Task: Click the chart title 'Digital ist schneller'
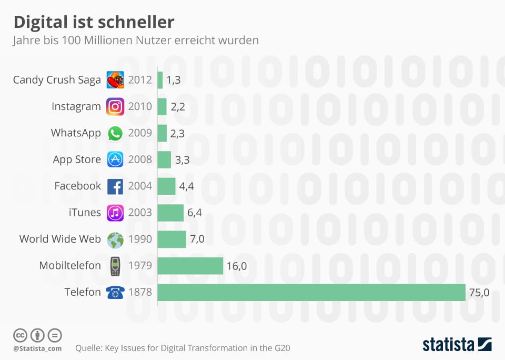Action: [93, 22]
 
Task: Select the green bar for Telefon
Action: [311, 292]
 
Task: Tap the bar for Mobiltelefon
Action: [190, 266]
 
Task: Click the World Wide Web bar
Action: [171, 239]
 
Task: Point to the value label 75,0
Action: [479, 293]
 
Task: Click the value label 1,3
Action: [174, 80]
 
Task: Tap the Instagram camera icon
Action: [115, 106]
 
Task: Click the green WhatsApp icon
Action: [115, 133]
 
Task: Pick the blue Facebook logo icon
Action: [115, 186]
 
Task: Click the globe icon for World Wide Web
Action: [115, 239]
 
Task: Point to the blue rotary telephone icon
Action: [115, 293]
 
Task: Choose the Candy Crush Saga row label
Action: [57, 80]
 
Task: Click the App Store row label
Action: [77, 159]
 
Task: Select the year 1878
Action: [140, 292]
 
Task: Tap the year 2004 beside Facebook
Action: [140, 186]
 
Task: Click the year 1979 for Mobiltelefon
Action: [140, 265]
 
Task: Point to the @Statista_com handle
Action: [37, 348]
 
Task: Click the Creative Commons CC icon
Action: [20, 335]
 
